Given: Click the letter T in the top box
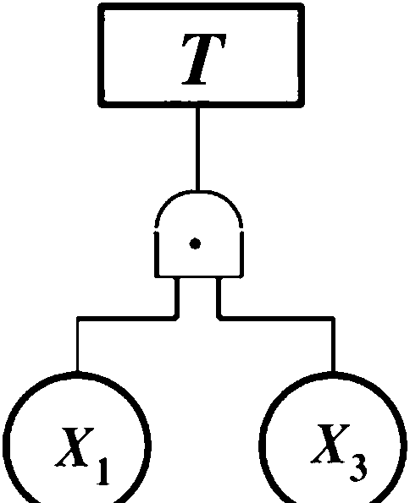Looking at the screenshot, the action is coord(203,59).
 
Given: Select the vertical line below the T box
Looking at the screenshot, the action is coord(197,149).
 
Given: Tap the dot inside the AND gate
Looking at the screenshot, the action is coord(195,244).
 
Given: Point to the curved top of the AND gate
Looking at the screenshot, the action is coord(199,193).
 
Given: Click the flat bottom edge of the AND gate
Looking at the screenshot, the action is coord(199,276).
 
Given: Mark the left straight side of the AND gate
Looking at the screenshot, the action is coord(157,254).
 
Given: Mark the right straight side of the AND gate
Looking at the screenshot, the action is coord(241,254).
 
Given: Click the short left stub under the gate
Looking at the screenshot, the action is coord(177,298).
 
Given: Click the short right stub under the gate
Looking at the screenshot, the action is coord(219,298).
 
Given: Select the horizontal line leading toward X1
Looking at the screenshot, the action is coord(126,318).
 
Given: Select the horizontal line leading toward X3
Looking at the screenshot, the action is coord(277,318).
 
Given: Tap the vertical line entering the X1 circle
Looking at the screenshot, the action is coord(77,345).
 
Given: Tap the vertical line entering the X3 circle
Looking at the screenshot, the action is coord(333,345).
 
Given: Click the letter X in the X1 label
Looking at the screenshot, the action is coord(75,446).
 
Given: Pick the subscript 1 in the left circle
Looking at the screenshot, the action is coord(102,468).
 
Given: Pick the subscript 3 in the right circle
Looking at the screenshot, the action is coord(358,467).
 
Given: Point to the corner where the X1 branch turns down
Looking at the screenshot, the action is coord(77,318).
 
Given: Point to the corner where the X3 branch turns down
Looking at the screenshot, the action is coord(333,318).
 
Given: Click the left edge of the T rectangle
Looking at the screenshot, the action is coord(101,55).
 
